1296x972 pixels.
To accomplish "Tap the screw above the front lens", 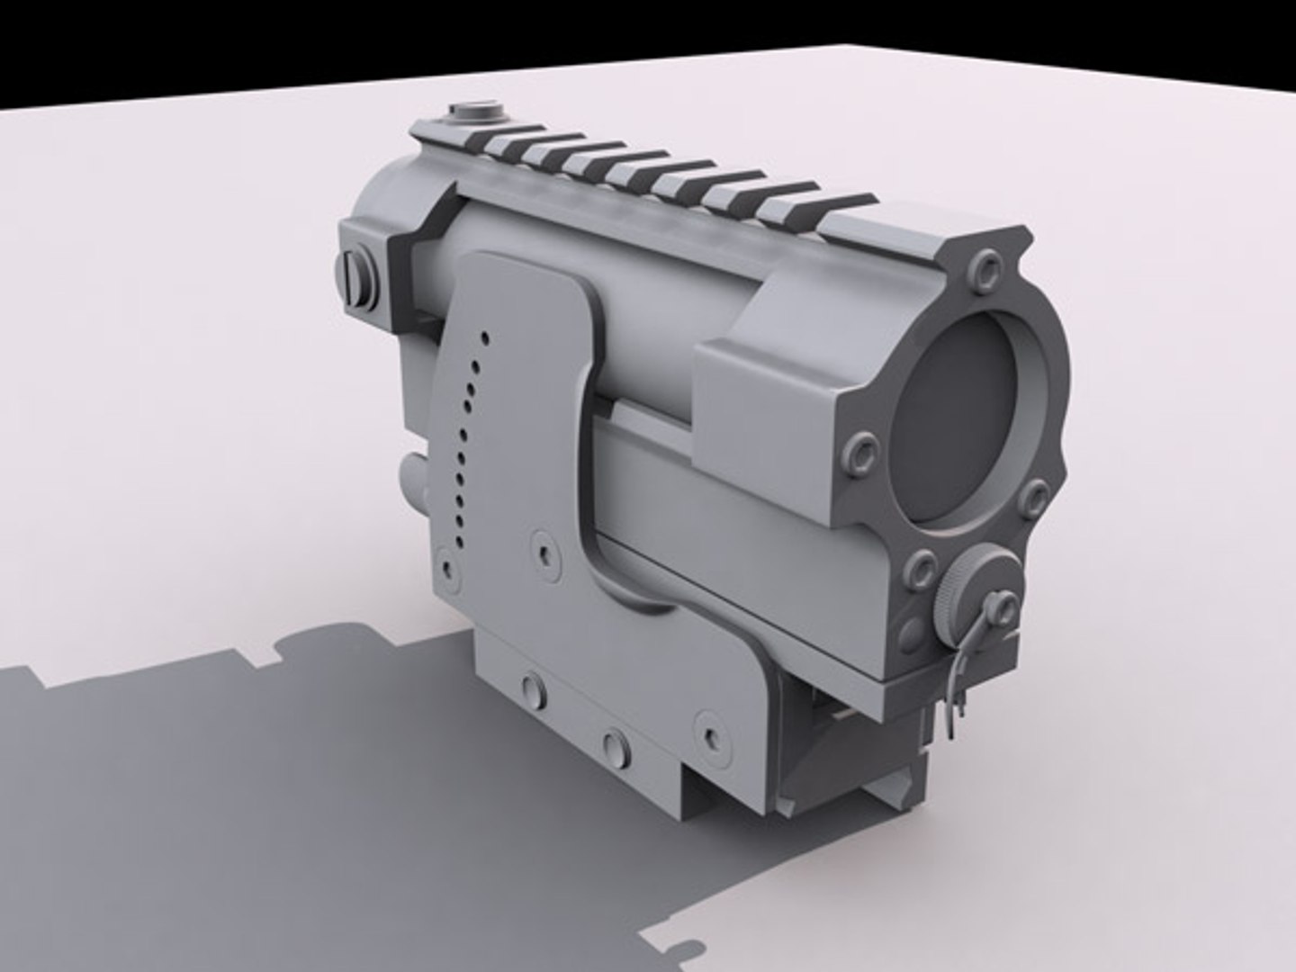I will tap(988, 267).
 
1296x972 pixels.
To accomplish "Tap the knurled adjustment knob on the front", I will tap(972, 589).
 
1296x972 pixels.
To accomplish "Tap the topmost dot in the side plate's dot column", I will tap(484, 338).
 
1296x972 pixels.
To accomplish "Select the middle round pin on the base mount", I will tap(615, 742).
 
